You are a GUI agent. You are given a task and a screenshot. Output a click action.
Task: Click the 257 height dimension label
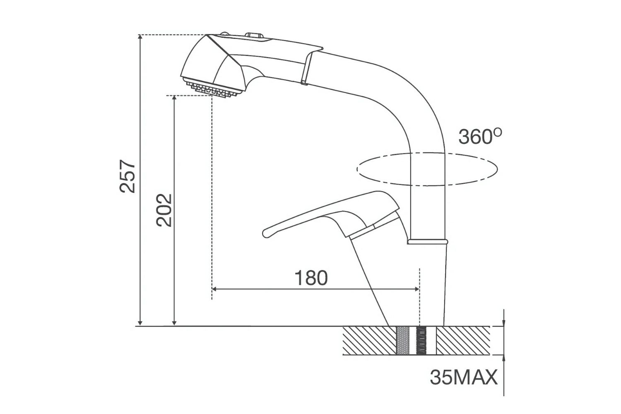[128, 176]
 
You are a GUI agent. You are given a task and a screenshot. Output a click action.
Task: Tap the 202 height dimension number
[164, 210]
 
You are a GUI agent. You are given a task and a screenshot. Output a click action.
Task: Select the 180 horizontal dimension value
[311, 278]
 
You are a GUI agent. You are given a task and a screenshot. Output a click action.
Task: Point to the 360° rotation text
[480, 137]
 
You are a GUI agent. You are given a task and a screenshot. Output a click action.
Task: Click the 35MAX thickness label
[464, 378]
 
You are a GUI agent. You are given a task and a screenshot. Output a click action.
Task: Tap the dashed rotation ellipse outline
[427, 185]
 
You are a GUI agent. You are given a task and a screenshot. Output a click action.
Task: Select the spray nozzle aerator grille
[212, 88]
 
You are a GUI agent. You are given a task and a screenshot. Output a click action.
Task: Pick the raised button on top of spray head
[254, 36]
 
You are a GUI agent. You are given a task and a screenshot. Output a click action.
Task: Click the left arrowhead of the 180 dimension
[214, 289]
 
